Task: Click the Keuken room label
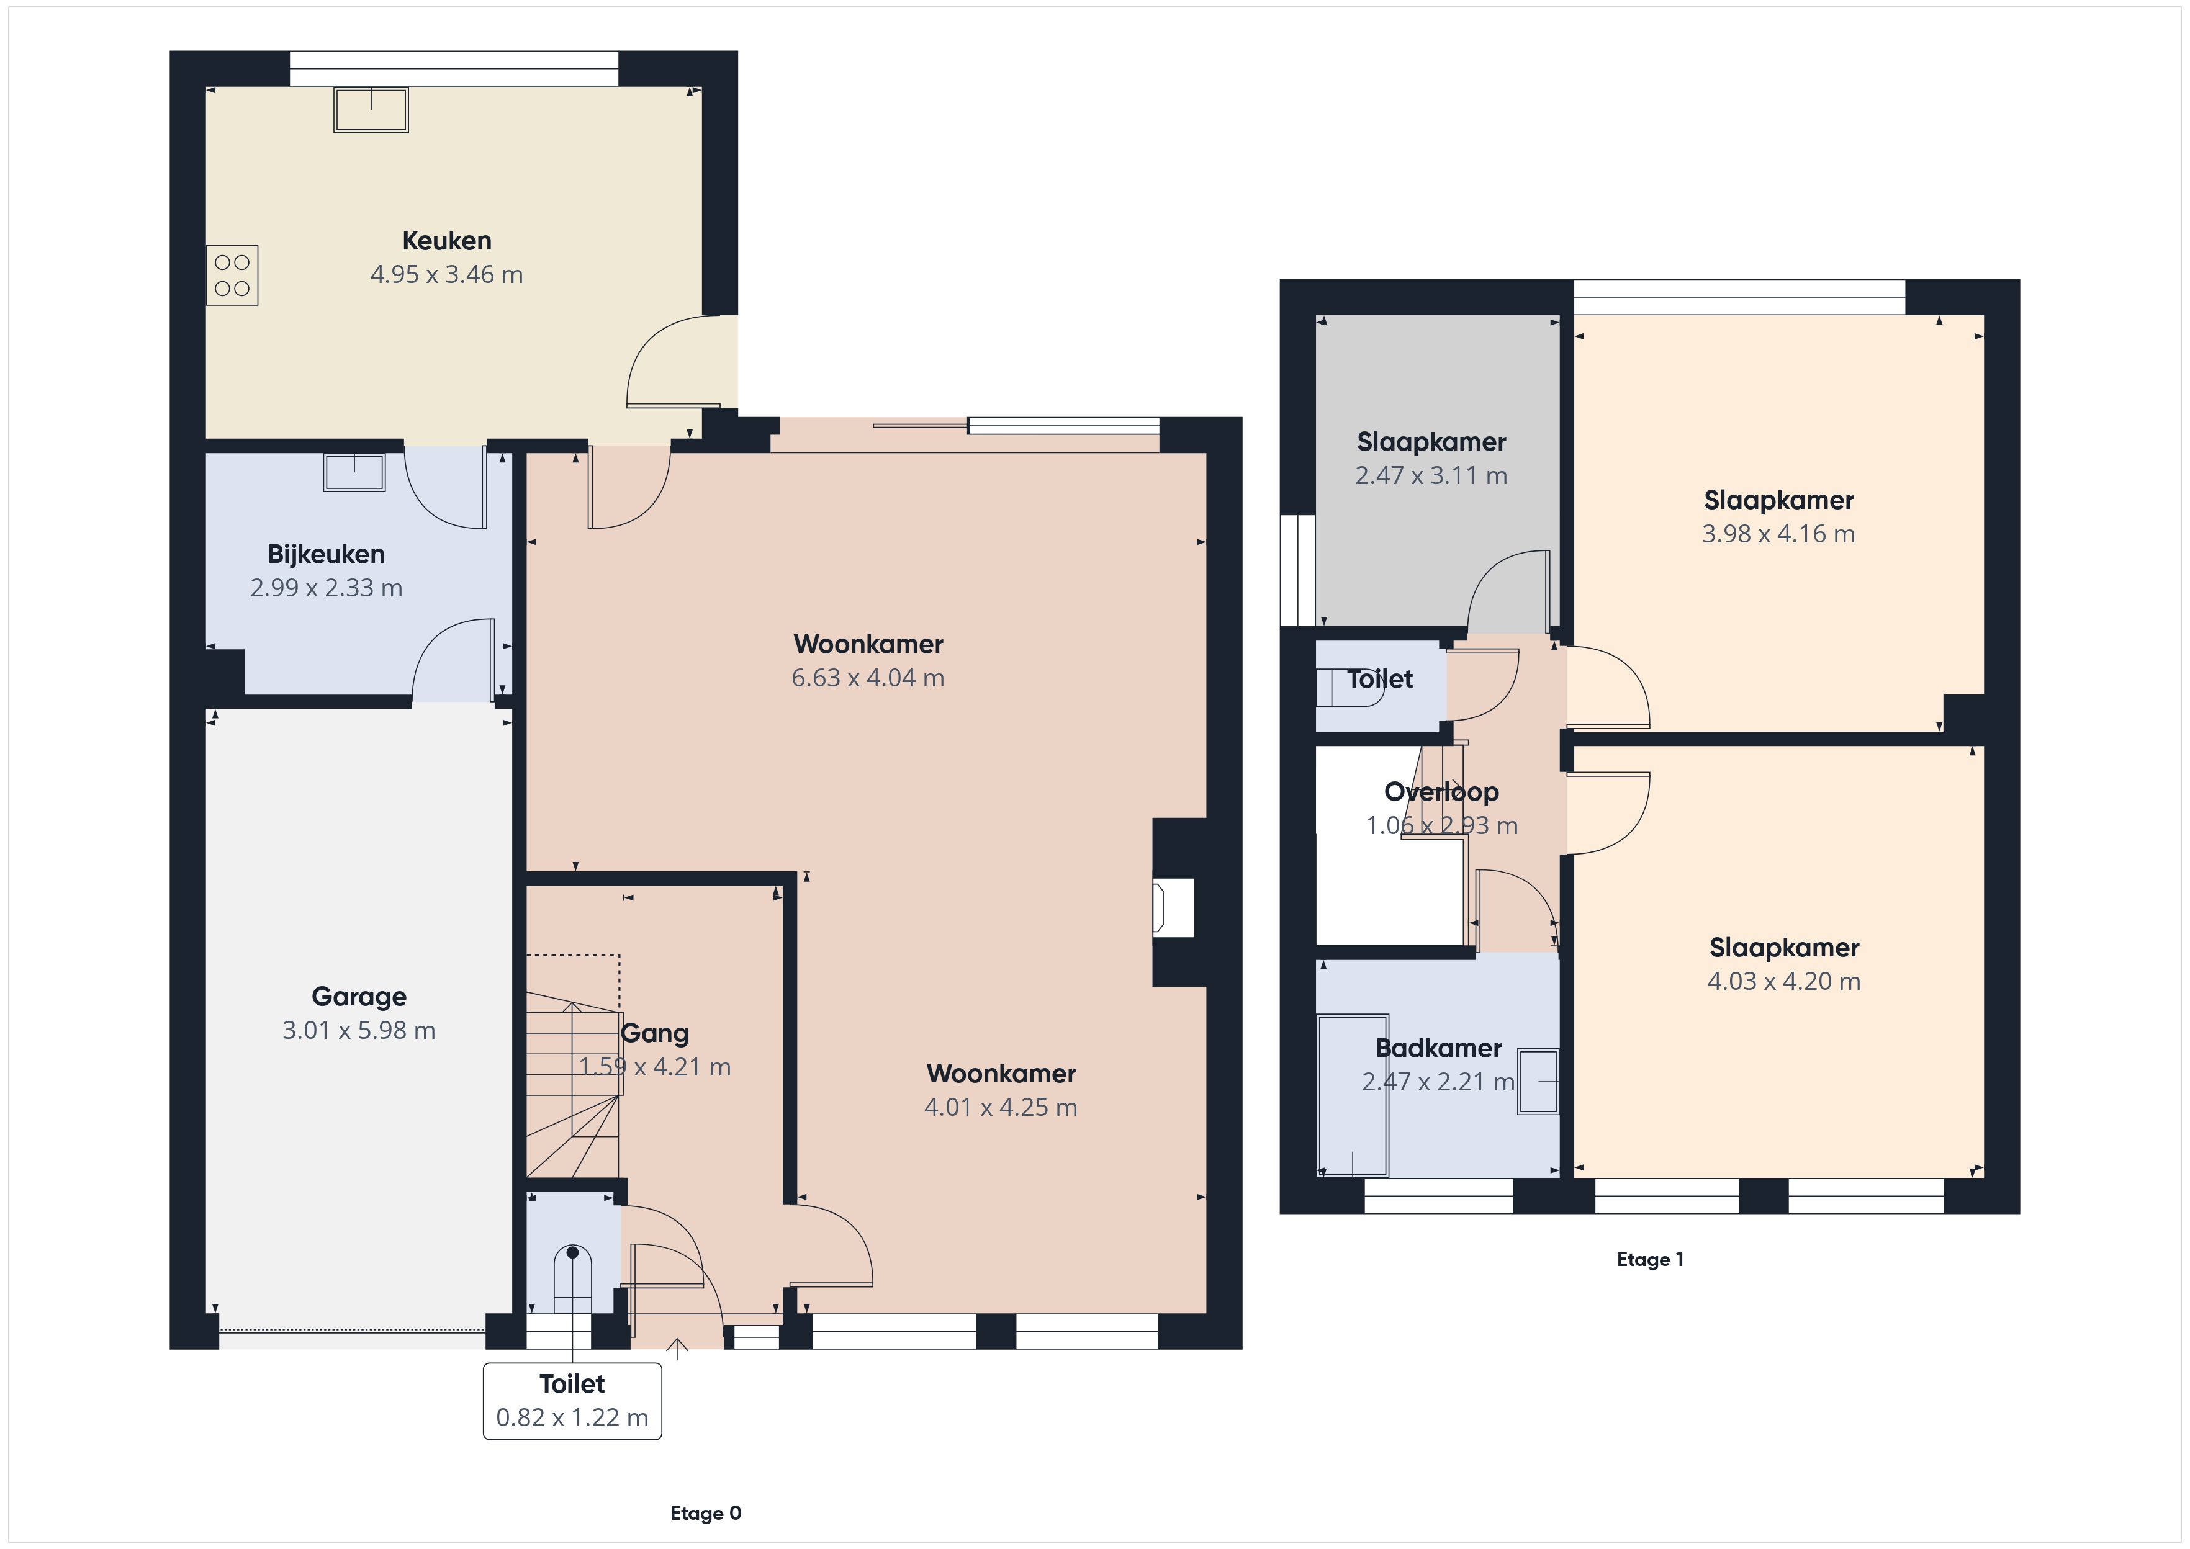tap(446, 240)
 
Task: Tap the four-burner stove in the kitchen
tap(232, 276)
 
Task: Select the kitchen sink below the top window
tap(371, 110)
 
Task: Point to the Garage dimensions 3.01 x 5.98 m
tap(359, 1030)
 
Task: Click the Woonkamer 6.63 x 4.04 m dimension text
tap(868, 677)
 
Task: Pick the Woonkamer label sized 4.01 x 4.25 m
tap(1001, 1073)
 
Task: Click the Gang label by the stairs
tap(654, 1033)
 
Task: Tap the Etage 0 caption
tap(706, 1514)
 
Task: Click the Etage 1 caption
tap(1650, 1259)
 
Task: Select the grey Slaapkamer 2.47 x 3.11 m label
tap(1431, 442)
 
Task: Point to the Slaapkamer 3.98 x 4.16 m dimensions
tap(1779, 533)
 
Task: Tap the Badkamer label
tap(1438, 1048)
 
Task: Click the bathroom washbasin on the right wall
tap(1538, 1082)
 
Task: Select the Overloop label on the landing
tap(1441, 792)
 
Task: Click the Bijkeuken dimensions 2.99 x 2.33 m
tap(327, 588)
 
